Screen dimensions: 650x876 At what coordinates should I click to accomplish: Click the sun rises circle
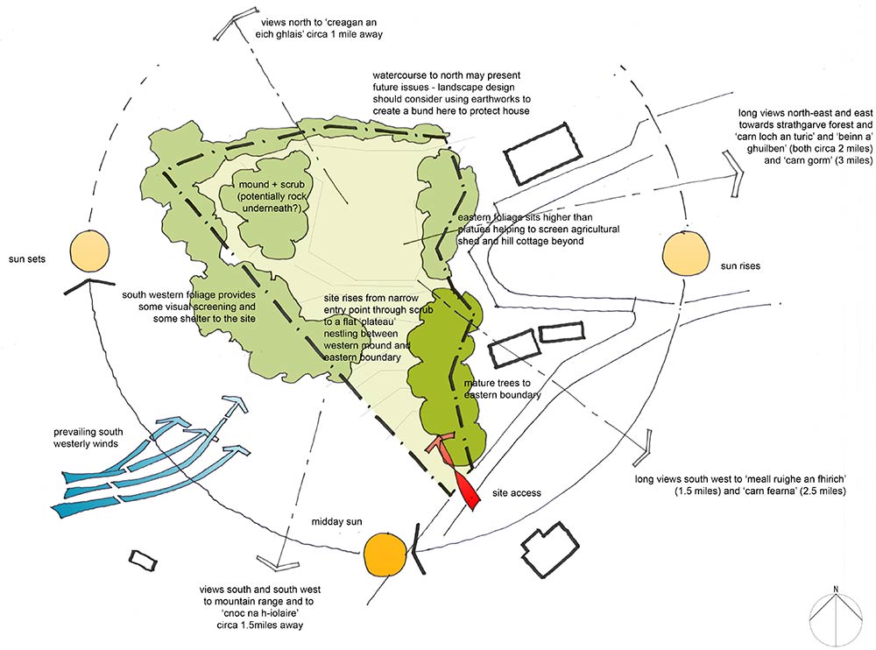point(685,252)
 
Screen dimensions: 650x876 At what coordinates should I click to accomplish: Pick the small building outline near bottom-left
point(143,560)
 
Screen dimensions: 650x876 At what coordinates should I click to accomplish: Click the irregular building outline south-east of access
point(550,551)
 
